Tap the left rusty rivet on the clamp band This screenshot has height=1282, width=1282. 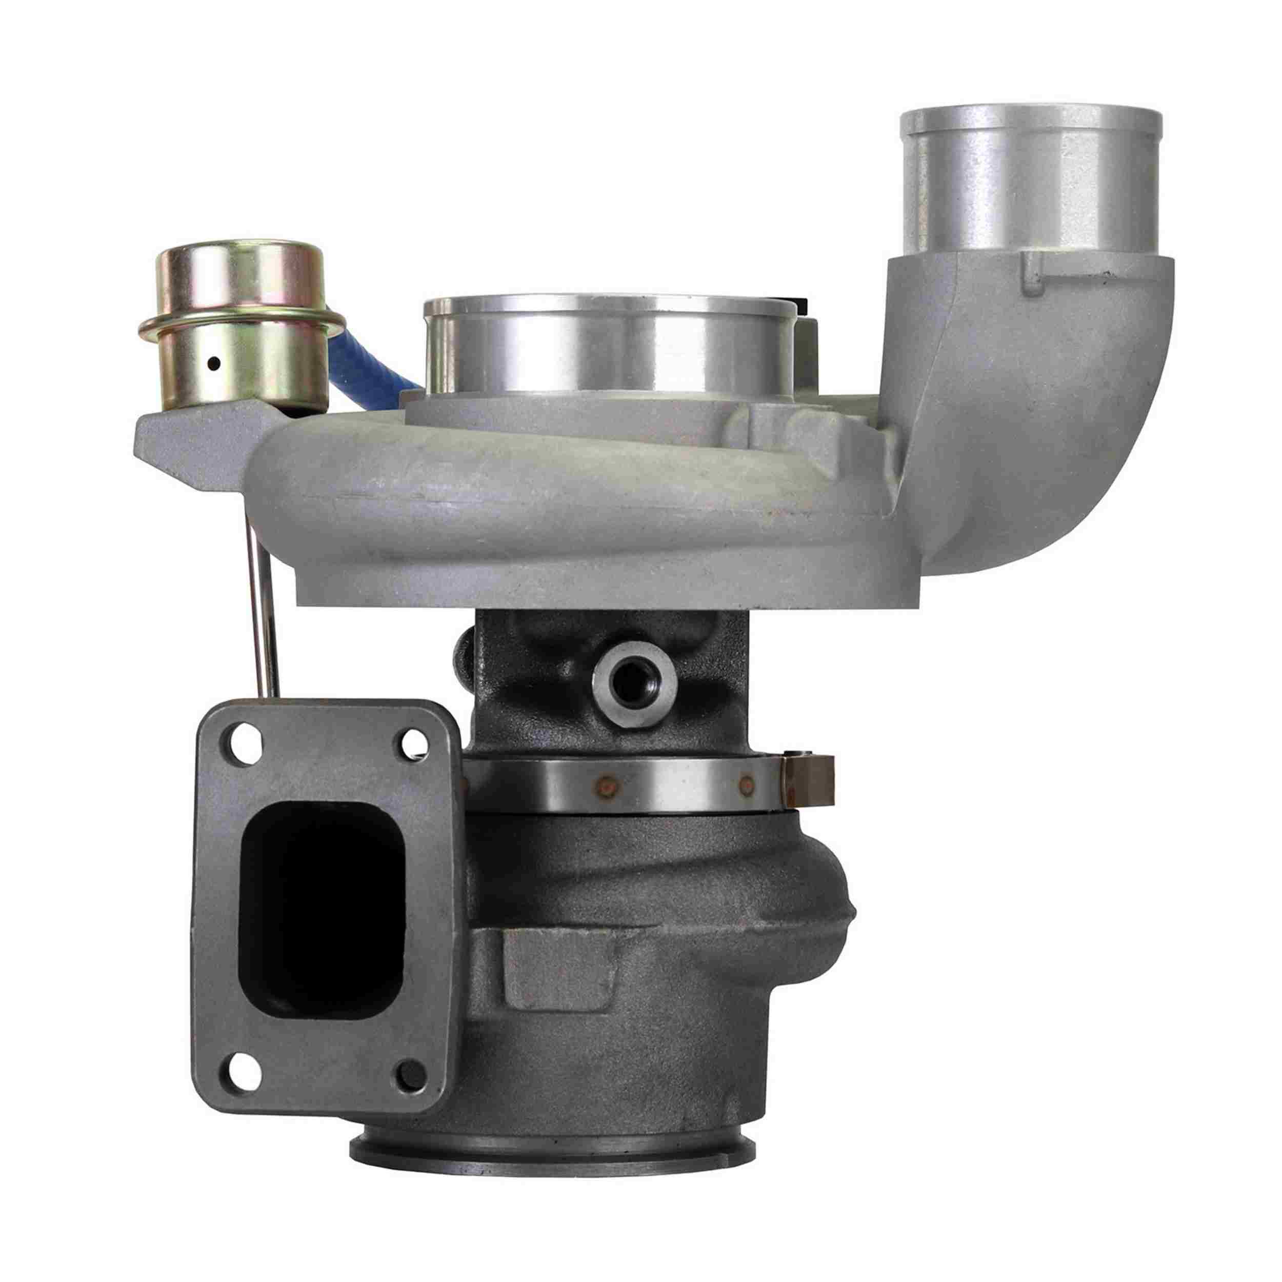(605, 788)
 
